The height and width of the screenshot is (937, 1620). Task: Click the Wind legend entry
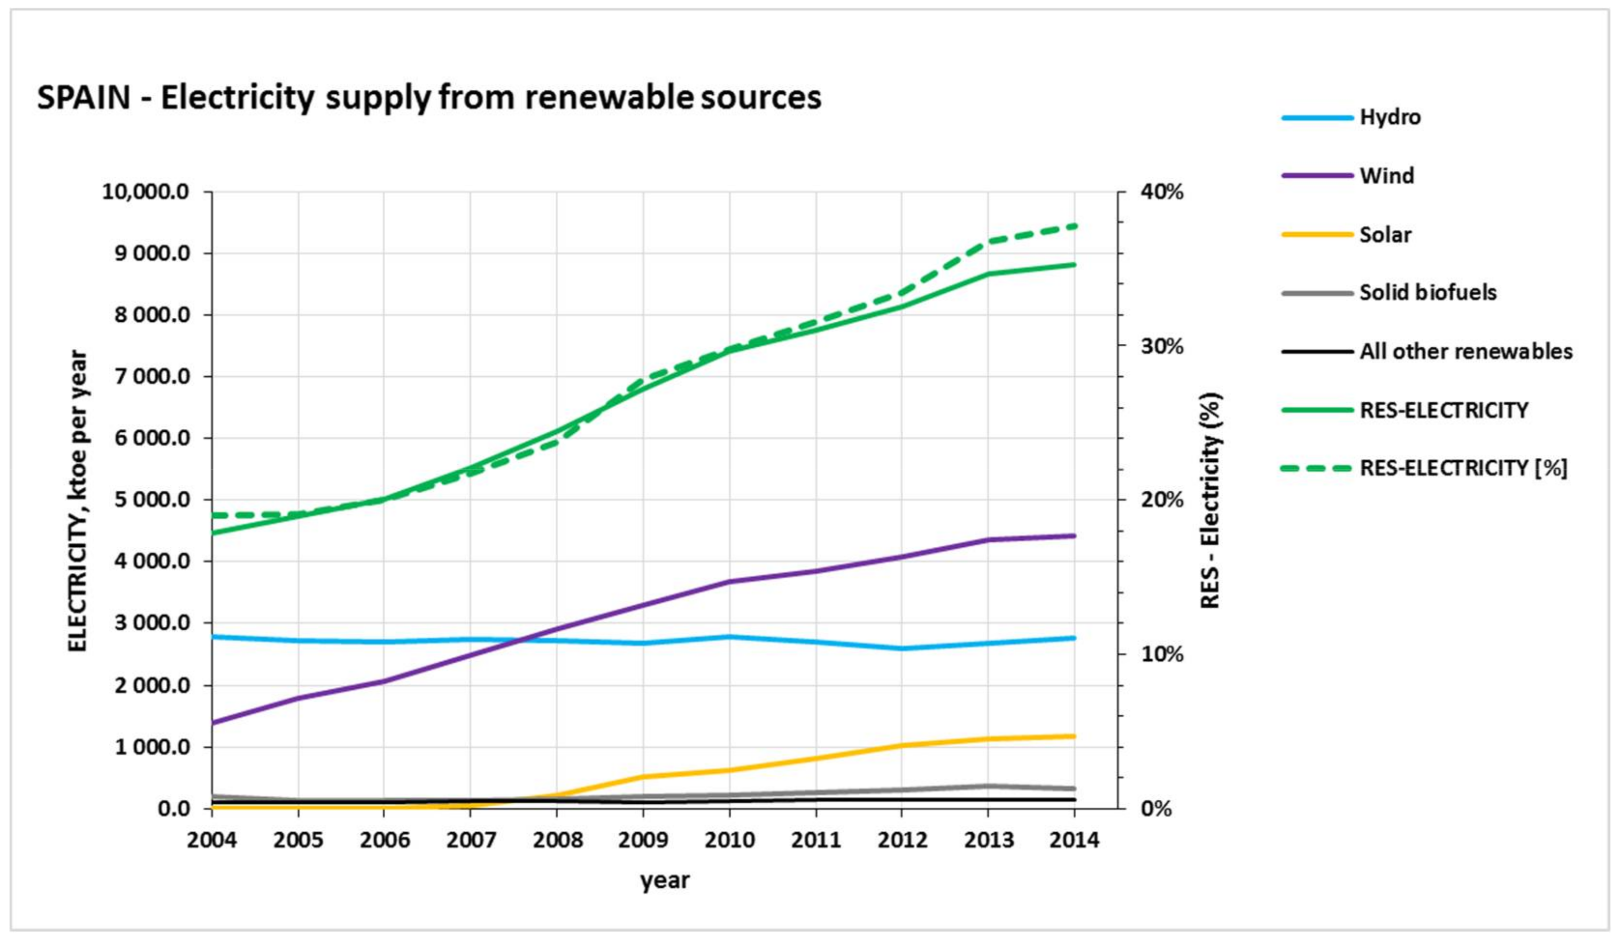pyautogui.click(x=1386, y=175)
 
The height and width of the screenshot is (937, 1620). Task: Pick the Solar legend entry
pyautogui.click(x=1385, y=235)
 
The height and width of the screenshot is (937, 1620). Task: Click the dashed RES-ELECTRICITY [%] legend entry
pyautogui.click(x=1462, y=468)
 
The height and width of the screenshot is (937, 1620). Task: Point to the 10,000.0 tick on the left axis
pyautogui.click(x=146, y=192)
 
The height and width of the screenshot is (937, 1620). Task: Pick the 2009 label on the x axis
pyautogui.click(x=643, y=839)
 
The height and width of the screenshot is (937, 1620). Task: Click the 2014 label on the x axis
pyautogui.click(x=1074, y=839)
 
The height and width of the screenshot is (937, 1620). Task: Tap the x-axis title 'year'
pyautogui.click(x=664, y=880)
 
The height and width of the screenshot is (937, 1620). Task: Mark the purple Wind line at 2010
pyautogui.click(x=730, y=582)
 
